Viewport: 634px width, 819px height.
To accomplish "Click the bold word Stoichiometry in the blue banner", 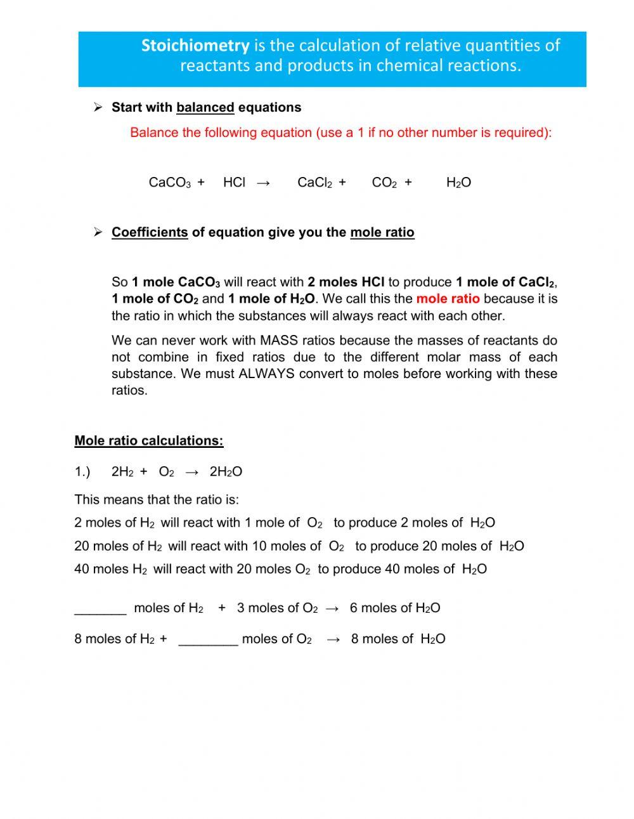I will tap(195, 46).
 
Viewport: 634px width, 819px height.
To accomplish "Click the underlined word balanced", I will tap(205, 107).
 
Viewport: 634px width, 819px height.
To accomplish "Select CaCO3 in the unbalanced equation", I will tap(170, 183).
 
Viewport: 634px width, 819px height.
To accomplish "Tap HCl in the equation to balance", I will tap(234, 183).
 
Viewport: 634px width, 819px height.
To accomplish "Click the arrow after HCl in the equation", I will tap(264, 183).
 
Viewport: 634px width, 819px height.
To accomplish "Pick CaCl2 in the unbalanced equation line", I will tap(315, 183).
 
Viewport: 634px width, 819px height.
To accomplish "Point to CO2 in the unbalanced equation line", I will tap(384, 183).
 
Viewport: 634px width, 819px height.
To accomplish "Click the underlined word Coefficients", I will tap(150, 232).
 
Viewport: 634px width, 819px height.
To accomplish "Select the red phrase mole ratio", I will tap(448, 299).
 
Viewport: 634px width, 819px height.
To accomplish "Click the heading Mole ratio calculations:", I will tap(149, 441).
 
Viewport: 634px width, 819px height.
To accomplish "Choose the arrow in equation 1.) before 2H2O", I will tap(191, 472).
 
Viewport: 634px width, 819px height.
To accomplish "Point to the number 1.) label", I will tap(82, 472).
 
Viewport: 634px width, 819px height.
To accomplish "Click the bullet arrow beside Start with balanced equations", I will tap(98, 107).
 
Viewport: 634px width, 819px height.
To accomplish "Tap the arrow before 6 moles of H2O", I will tap(332, 608).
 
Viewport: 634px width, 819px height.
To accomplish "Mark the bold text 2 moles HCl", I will tap(346, 282).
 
